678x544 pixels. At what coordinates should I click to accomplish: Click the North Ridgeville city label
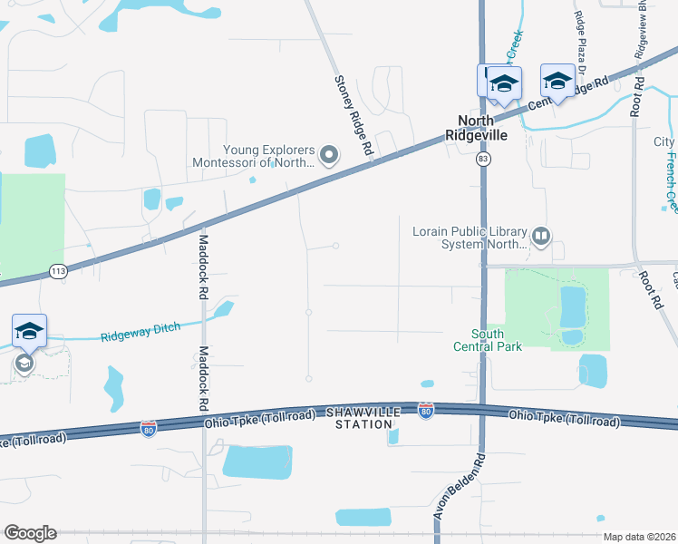(476, 128)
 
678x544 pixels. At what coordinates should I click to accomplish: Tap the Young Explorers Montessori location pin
(329, 157)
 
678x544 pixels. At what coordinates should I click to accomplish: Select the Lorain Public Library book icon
(541, 237)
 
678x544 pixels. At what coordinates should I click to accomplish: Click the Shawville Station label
(367, 418)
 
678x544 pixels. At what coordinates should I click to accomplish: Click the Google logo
(30, 533)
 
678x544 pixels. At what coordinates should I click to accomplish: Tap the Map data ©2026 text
(638, 537)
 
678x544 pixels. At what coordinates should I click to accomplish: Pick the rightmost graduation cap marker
(557, 82)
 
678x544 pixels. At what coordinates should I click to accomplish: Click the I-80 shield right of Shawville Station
(427, 412)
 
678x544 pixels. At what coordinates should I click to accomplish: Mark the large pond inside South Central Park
(572, 307)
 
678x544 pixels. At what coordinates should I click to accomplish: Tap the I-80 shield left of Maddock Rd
(150, 426)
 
